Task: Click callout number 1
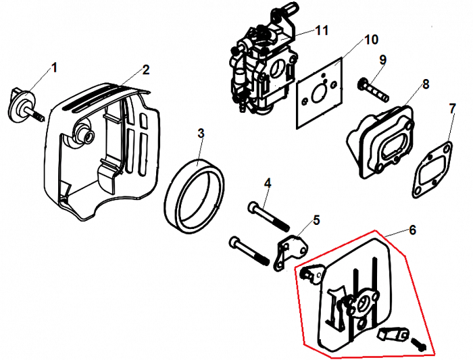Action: coord(55,68)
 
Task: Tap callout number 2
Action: coord(145,70)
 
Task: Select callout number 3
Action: coord(201,132)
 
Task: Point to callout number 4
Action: coord(268,183)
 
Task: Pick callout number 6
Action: coord(413,230)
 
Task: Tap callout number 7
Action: coord(452,108)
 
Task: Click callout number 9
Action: coord(382,60)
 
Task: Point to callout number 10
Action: coord(371,39)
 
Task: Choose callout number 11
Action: coord(322,30)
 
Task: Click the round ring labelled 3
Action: coord(197,192)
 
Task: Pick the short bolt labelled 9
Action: coord(376,87)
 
